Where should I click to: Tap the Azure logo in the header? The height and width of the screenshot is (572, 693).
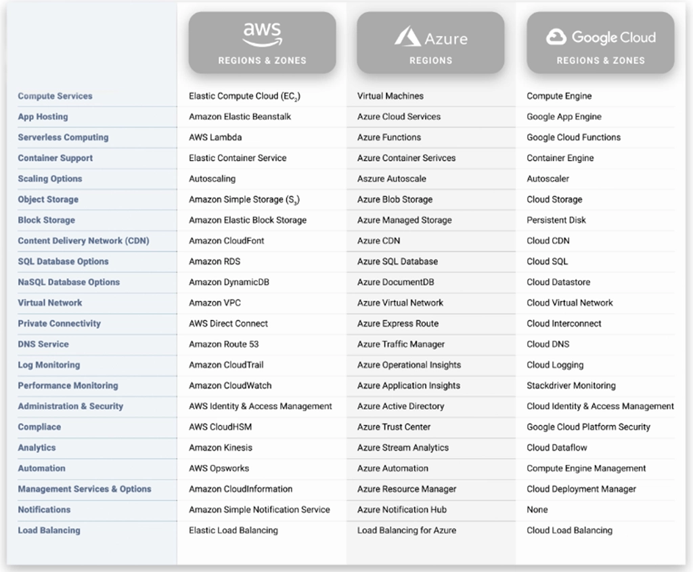pyautogui.click(x=430, y=37)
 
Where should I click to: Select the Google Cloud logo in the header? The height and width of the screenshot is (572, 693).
pyautogui.click(x=600, y=37)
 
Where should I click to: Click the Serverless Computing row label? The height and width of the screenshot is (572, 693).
pyautogui.click(x=63, y=137)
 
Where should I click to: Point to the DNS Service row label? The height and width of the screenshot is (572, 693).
pyautogui.click(x=43, y=344)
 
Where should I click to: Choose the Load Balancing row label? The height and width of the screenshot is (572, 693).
pyautogui.click(x=49, y=531)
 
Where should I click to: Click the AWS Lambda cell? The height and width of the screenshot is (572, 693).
pyautogui.click(x=215, y=137)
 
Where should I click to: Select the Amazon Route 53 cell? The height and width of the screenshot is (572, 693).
pyautogui.click(x=223, y=344)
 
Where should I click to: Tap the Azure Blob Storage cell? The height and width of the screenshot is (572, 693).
pyautogui.click(x=395, y=199)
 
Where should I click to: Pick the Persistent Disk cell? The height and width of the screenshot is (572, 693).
pyautogui.click(x=556, y=220)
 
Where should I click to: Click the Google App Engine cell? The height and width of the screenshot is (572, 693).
pyautogui.click(x=564, y=117)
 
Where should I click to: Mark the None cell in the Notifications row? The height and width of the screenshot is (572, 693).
pyautogui.click(x=537, y=510)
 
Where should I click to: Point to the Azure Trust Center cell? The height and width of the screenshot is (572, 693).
pyautogui.click(x=394, y=427)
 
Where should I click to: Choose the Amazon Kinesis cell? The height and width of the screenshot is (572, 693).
pyautogui.click(x=221, y=448)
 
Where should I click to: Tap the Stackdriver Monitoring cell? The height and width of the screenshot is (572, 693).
pyautogui.click(x=571, y=386)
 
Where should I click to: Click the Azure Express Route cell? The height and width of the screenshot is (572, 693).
pyautogui.click(x=398, y=324)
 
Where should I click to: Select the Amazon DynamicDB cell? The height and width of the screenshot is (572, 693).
pyautogui.click(x=229, y=282)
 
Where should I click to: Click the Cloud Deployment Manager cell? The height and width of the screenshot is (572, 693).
pyautogui.click(x=581, y=489)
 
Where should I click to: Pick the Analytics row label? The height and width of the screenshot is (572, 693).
pyautogui.click(x=37, y=448)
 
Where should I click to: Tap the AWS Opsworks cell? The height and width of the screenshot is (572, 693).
pyautogui.click(x=219, y=468)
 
